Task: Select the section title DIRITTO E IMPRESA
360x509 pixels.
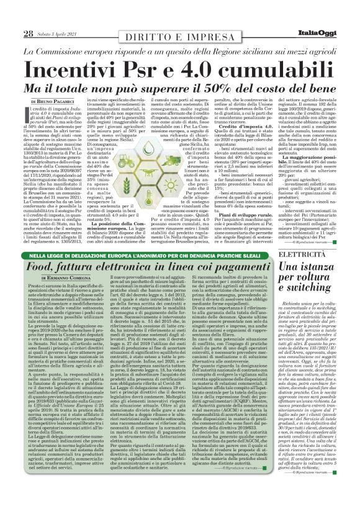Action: (179, 34)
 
